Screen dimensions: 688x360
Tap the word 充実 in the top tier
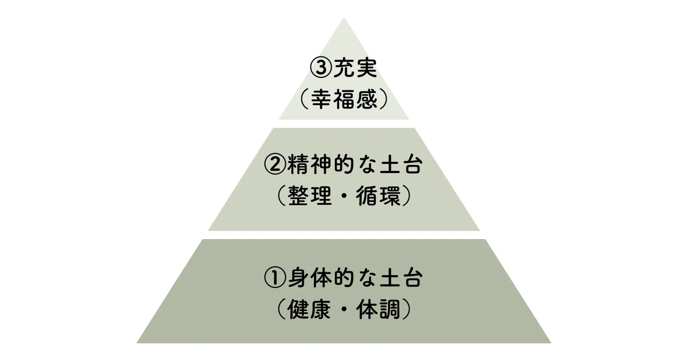click(x=356, y=68)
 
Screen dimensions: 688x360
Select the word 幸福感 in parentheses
click(x=344, y=99)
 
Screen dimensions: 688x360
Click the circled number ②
click(x=275, y=164)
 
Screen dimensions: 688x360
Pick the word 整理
click(x=310, y=196)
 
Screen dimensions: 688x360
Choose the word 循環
click(x=378, y=196)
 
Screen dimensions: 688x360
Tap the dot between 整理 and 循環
click(x=344, y=196)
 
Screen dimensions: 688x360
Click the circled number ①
click(x=275, y=278)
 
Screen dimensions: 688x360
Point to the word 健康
click(x=310, y=309)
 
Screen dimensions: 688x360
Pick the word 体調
click(x=378, y=309)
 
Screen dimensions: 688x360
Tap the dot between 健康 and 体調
click(x=344, y=309)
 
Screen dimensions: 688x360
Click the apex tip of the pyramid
click(x=344, y=18)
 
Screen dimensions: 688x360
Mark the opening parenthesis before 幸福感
click(x=304, y=99)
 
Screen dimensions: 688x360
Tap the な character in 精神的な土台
click(x=367, y=164)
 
